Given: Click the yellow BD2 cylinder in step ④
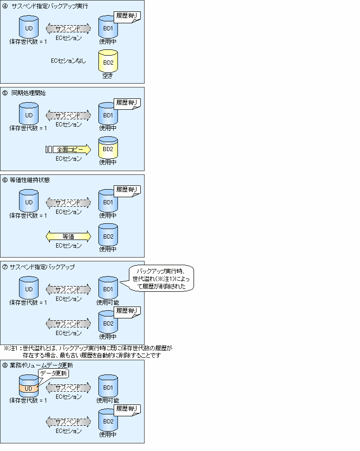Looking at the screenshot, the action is (x=108, y=61).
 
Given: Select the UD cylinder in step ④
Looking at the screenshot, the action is (x=29, y=27).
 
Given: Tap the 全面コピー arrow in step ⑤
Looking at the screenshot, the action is (x=72, y=150).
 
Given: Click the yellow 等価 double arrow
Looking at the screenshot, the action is (x=68, y=236).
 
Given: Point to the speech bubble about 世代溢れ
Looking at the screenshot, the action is (x=161, y=278).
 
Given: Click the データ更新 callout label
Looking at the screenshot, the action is (x=54, y=374).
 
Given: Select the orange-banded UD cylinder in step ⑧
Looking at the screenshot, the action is (x=29, y=386).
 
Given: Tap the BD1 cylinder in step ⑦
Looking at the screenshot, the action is (x=108, y=288).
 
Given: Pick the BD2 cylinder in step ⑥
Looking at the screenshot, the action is (x=108, y=235).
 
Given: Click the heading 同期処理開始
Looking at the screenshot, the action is (x=29, y=93).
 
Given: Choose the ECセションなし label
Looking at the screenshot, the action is (x=68, y=61).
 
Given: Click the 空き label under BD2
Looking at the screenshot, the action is (x=107, y=76).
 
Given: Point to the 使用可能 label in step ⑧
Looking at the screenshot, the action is (x=107, y=400).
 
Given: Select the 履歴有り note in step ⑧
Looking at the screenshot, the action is (x=127, y=409).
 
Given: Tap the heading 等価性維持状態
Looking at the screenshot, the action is (x=29, y=180).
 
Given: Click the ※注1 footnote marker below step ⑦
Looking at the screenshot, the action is (x=10, y=348).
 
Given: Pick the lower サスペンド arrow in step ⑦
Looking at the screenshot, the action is (x=68, y=324).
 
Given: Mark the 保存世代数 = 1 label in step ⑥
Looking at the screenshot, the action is (x=28, y=215).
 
